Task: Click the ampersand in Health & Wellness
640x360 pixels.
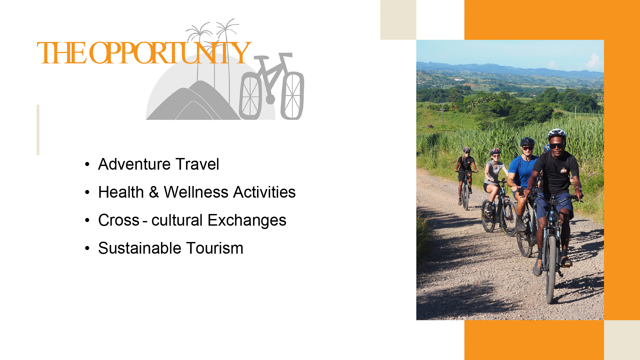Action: tap(154, 192)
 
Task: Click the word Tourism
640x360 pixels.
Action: tap(215, 248)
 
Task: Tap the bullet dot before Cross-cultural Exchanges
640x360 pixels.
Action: tap(87, 220)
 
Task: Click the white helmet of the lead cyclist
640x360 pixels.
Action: tap(557, 134)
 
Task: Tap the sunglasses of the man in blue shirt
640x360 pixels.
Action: tap(527, 148)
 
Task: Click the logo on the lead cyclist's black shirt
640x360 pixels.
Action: tap(563, 171)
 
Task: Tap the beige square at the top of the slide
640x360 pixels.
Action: tap(398, 20)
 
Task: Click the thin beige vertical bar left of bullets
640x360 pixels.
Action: tap(38, 130)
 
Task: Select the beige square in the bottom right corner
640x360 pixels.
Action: tap(622, 340)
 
